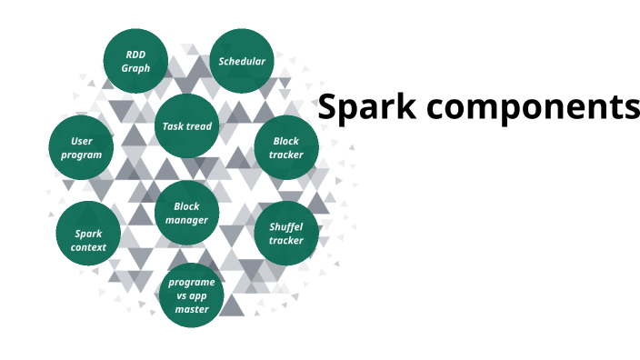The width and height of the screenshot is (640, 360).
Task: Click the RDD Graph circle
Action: click(x=135, y=61)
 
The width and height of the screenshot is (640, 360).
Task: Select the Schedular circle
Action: click(x=242, y=61)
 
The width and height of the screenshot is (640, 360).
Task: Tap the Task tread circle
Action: click(x=187, y=126)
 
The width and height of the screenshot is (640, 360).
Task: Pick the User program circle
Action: click(x=81, y=148)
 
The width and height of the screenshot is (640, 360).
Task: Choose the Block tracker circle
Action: click(x=286, y=148)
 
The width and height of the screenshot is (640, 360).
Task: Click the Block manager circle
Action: click(x=187, y=213)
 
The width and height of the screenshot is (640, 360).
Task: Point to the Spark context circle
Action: click(x=88, y=234)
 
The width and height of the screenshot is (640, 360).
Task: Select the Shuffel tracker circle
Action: click(x=286, y=234)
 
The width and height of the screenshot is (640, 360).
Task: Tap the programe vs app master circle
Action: click(x=192, y=295)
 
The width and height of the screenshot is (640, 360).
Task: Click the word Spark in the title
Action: click(x=366, y=107)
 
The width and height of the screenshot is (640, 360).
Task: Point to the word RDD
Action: click(x=135, y=55)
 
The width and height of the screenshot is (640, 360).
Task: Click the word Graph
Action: click(x=135, y=68)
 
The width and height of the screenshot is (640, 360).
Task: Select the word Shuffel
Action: click(x=286, y=227)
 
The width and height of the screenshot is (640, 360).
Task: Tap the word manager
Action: click(x=186, y=220)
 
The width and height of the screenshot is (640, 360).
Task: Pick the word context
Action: click(x=88, y=247)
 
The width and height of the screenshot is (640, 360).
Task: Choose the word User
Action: click(x=82, y=141)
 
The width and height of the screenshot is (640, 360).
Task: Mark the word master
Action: click(x=192, y=309)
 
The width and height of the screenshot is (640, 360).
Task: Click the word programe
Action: click(x=192, y=283)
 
